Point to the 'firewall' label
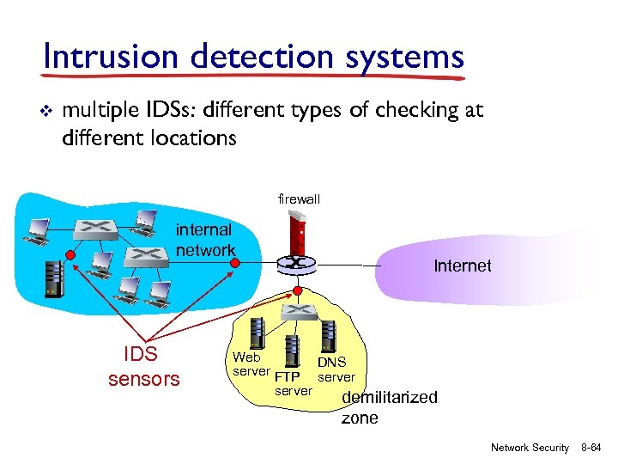299,199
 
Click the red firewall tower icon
296,234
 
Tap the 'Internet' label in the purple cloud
462,266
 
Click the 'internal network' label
204,240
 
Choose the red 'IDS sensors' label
143,369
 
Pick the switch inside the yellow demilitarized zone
297,310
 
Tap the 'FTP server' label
290,383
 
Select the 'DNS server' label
334,369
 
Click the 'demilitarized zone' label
389,407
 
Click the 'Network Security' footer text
529,448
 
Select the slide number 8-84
593,448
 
